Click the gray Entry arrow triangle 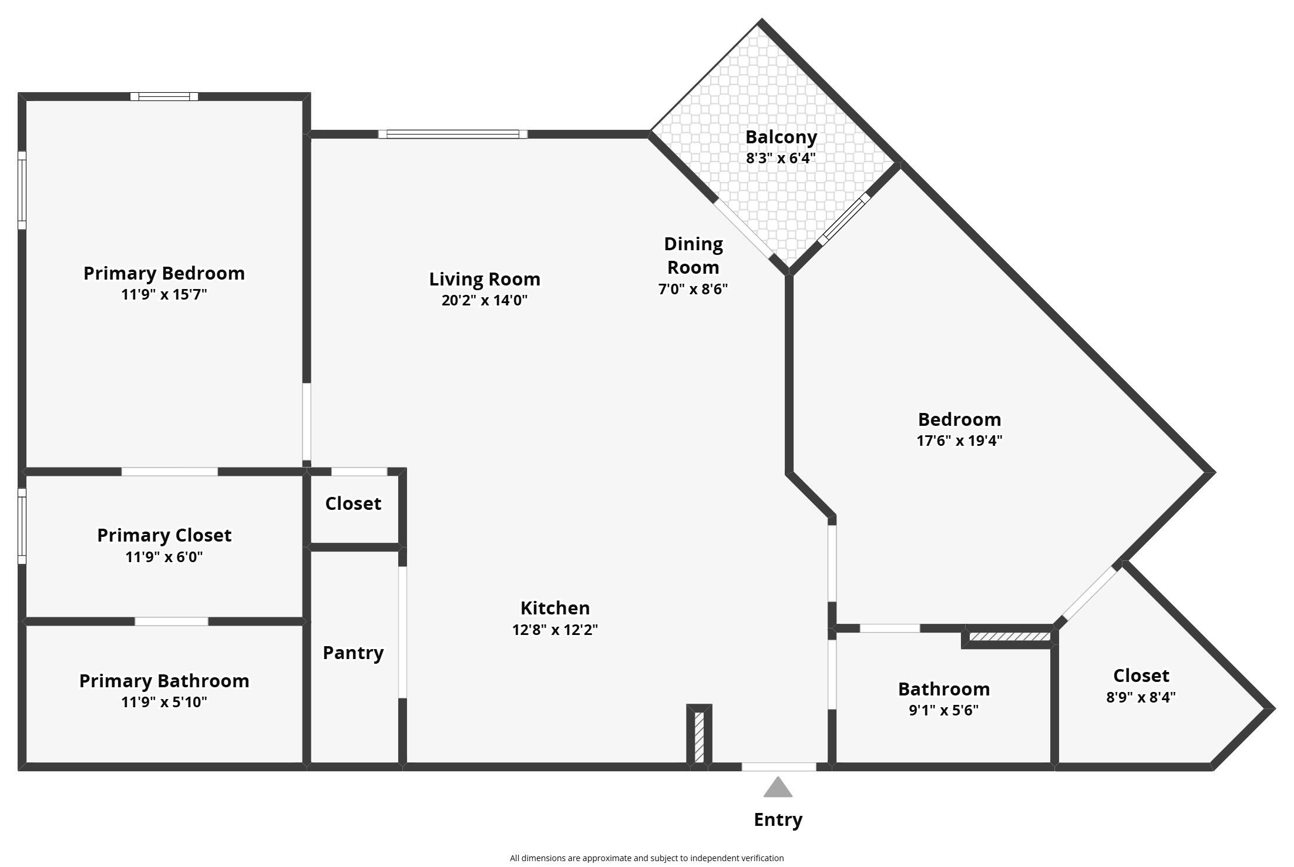778,788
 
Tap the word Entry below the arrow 778,820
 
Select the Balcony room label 781,137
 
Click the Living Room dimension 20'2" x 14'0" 485,300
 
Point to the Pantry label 353,653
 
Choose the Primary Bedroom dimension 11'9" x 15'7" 164,294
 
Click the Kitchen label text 555,608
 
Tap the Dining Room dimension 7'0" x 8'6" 693,289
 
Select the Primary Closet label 164,535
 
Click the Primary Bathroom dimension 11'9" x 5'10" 164,702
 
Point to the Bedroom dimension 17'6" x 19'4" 959,441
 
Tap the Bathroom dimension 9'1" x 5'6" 944,710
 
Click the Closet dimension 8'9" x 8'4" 1141,697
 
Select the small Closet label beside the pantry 353,503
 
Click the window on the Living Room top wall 453,134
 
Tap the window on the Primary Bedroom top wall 164,97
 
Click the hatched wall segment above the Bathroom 1009,637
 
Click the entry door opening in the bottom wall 779,767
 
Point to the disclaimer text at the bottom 647,858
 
